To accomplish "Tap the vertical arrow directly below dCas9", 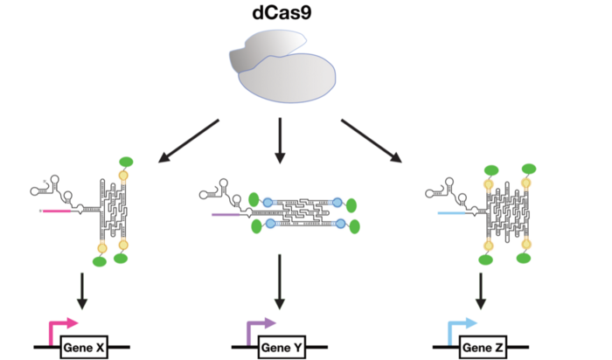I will (x=280, y=140).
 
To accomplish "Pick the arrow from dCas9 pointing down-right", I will (x=372, y=140).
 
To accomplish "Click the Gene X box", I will (x=84, y=349).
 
